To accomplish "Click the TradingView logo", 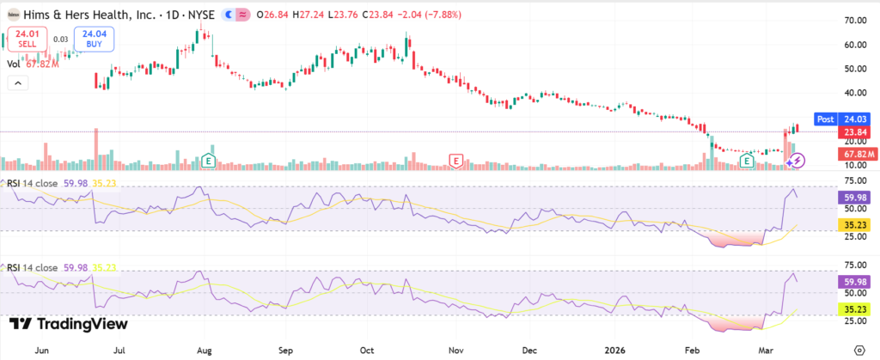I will [x=69, y=324].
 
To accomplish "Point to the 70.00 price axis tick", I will [x=854, y=20].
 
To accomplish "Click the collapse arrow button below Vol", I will [x=17, y=82].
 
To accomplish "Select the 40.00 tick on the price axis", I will [x=854, y=93].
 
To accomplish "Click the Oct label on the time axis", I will [x=367, y=351].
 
